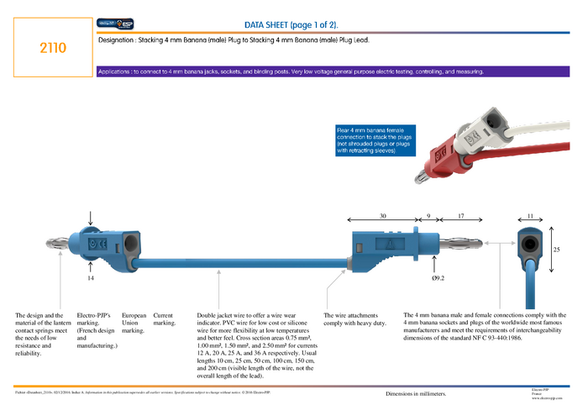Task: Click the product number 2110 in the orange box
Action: [53, 49]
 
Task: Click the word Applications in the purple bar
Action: [115, 71]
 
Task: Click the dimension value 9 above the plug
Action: [428, 217]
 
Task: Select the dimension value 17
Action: [460, 217]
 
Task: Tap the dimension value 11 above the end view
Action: [530, 217]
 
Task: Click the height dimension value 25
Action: [555, 250]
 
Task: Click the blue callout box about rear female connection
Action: [371, 141]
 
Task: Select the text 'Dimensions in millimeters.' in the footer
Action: [416, 393]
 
